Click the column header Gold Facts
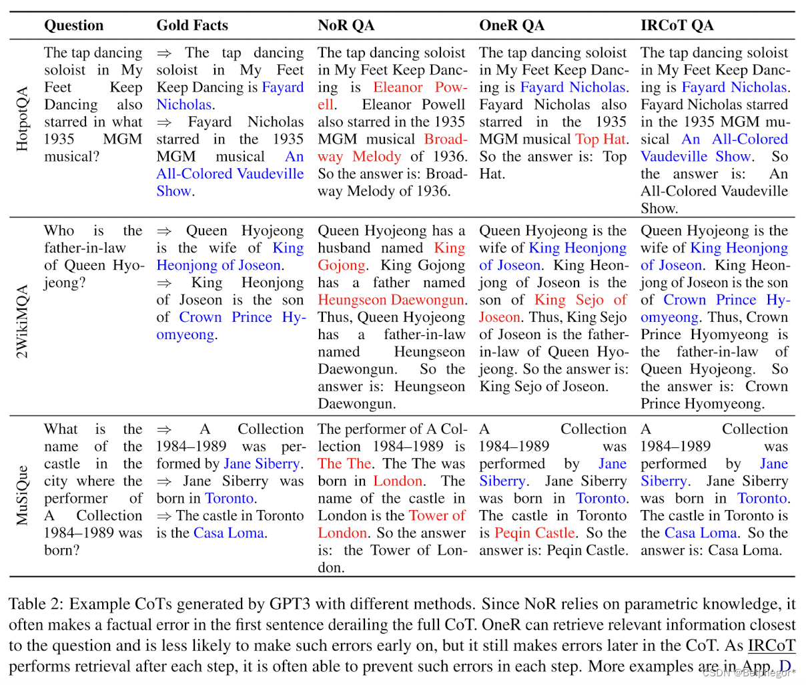(x=192, y=26)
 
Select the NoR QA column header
(x=346, y=26)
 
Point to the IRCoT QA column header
(x=677, y=26)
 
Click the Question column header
(x=74, y=26)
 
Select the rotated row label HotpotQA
(x=22, y=118)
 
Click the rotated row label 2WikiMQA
(x=22, y=321)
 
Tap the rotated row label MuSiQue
(x=22, y=495)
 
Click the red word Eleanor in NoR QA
(x=398, y=87)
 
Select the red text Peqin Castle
(x=534, y=533)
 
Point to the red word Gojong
(x=341, y=265)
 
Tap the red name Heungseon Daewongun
(x=390, y=300)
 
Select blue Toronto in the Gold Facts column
(x=229, y=498)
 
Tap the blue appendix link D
(x=785, y=666)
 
